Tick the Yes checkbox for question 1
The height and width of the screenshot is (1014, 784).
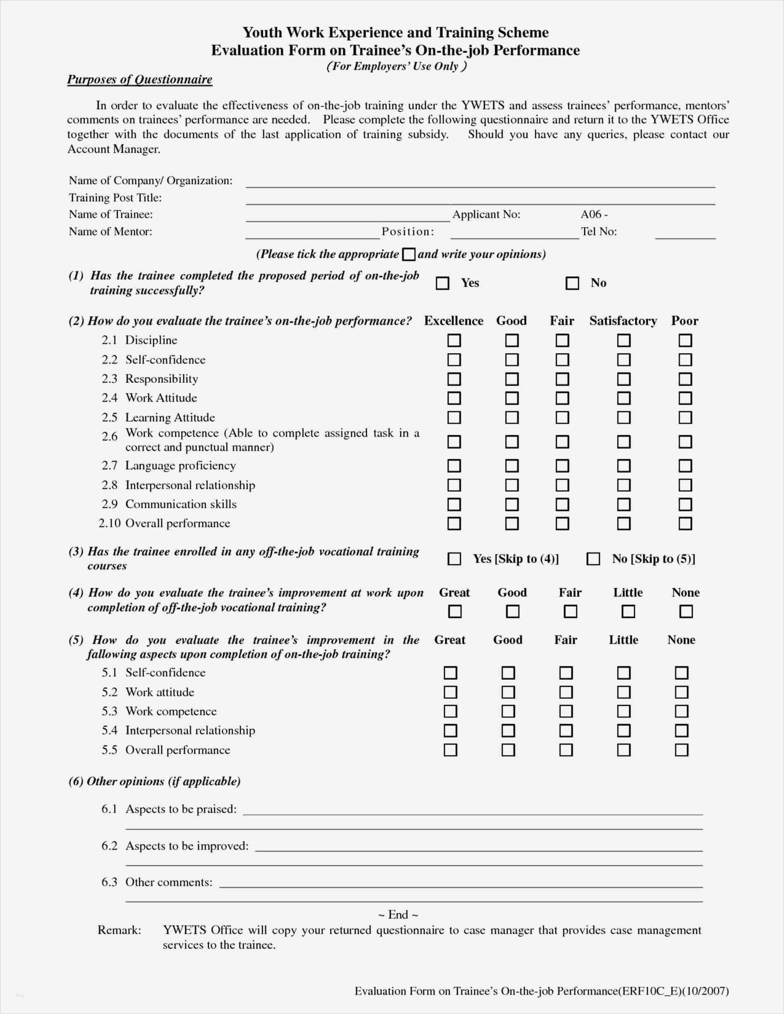point(442,283)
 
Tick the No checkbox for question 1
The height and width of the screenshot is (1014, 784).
point(572,283)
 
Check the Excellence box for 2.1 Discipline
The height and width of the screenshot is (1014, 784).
point(454,340)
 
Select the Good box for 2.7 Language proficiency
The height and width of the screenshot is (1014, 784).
point(511,465)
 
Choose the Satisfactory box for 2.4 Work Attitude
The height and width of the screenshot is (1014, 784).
point(623,398)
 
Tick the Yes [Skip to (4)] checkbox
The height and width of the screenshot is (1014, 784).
point(454,559)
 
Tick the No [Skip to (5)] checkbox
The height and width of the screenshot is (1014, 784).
point(593,559)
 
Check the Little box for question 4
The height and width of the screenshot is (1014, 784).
point(628,611)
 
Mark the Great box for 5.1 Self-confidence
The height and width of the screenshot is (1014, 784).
point(450,673)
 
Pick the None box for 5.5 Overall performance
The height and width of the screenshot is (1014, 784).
point(681,750)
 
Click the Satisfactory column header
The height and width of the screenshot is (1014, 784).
point(623,321)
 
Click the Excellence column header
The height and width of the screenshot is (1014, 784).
point(453,321)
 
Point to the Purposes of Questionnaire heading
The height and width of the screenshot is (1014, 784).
point(139,79)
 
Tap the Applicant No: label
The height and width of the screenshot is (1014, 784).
point(486,215)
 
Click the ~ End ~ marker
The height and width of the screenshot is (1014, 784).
point(398,915)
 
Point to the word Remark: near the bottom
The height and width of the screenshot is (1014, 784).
point(119,930)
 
